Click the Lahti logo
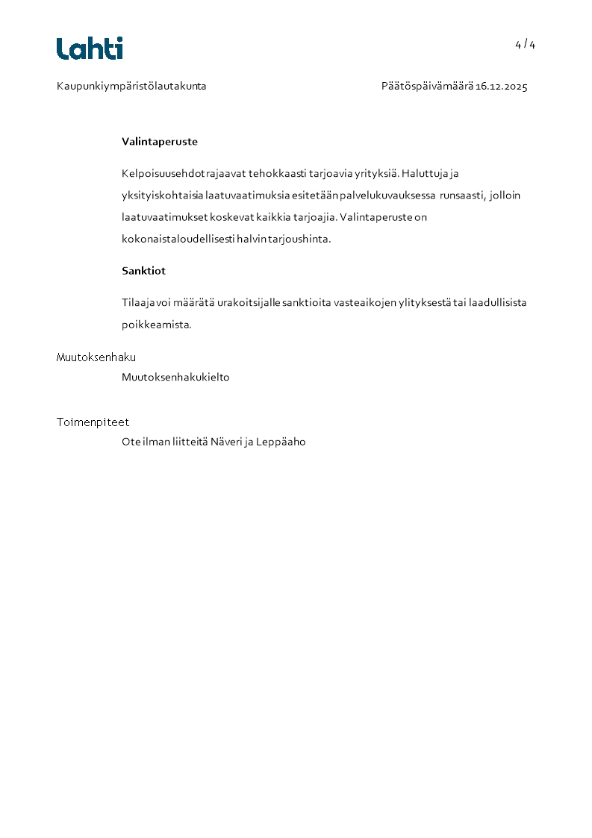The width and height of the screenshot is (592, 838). pos(90,49)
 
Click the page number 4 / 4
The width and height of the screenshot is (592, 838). pos(525,45)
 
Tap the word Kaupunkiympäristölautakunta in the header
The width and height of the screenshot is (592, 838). pos(131,87)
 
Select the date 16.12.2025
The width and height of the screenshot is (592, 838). pos(502,87)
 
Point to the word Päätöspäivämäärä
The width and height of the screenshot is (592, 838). pos(427,87)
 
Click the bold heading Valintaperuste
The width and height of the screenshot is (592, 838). pos(160,142)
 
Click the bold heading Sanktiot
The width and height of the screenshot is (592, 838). pos(143,271)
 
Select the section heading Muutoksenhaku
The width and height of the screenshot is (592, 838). pos(96,357)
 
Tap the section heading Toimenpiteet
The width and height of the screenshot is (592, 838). pos(93,422)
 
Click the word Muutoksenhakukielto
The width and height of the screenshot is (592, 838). pos(175,378)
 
